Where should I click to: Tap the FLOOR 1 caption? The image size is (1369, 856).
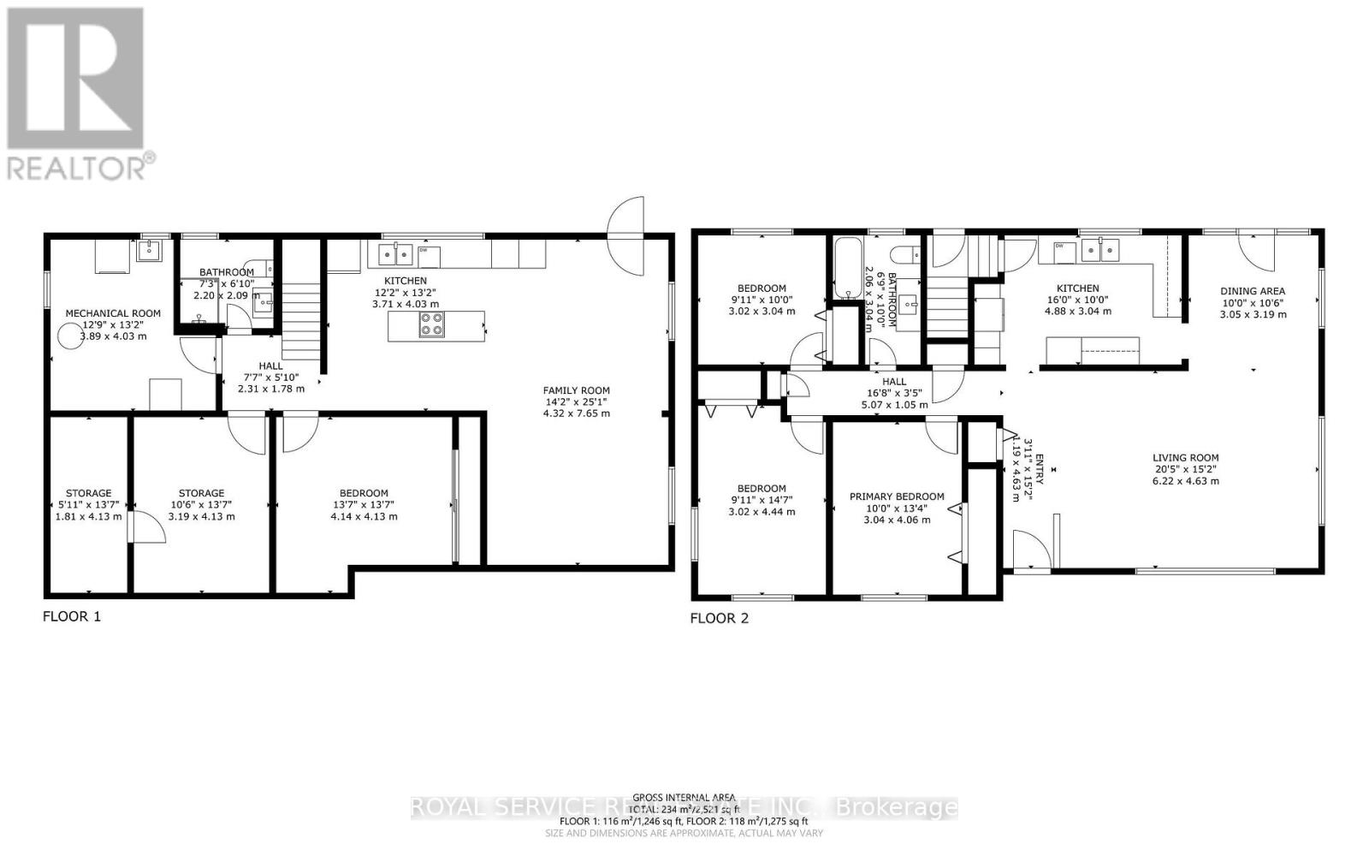click(x=72, y=616)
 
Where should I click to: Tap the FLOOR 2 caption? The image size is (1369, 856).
click(x=720, y=618)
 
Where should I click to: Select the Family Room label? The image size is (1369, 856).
click(x=577, y=390)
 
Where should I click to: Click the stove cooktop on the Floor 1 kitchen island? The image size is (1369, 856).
click(x=431, y=325)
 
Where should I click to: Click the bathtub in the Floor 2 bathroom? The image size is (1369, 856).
click(x=847, y=268)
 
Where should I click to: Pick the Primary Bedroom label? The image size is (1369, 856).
click(x=897, y=496)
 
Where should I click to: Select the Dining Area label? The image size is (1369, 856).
click(x=1253, y=291)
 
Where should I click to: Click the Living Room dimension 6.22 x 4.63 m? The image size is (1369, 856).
click(x=1185, y=481)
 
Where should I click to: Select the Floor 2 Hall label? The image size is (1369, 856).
click(x=893, y=382)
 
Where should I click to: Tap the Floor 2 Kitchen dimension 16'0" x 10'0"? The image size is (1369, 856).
click(x=1077, y=300)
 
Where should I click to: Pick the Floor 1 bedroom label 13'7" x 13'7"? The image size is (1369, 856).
click(x=364, y=505)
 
